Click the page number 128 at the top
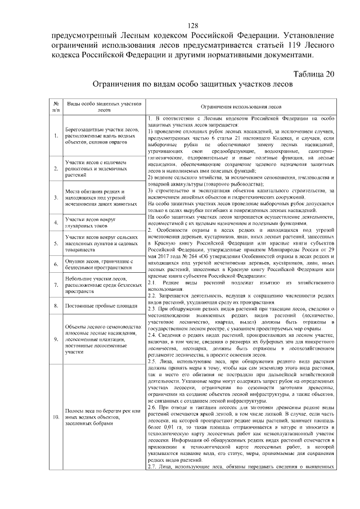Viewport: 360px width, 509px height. pyautogui.click(x=193, y=26)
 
